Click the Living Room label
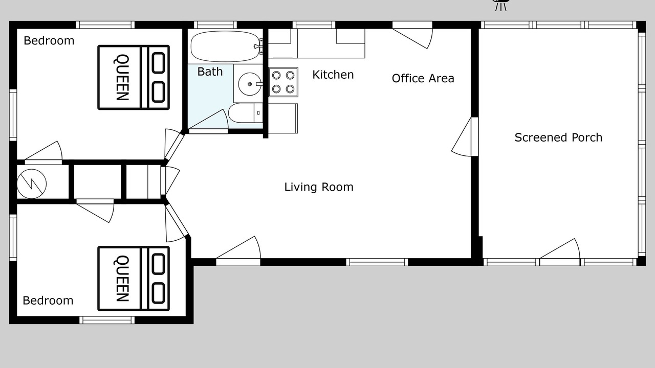(319, 187)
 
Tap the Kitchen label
(333, 75)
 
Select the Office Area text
(423, 78)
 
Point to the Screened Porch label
(558, 137)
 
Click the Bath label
(210, 72)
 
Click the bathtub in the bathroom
(225, 47)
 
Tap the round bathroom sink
(250, 84)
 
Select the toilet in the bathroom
(245, 113)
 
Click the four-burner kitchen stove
(283, 82)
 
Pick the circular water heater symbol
(32, 184)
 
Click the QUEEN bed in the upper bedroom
(134, 77)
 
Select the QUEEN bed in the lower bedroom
(134, 279)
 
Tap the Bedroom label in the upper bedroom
(49, 40)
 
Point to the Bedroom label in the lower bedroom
(48, 301)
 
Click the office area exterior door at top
(412, 35)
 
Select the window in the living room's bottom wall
(377, 262)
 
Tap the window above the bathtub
(215, 25)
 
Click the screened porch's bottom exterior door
(560, 252)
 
